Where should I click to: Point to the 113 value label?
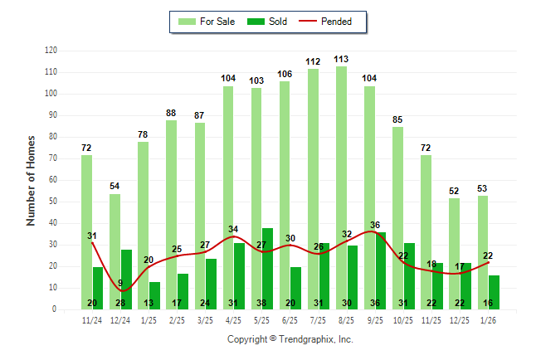(x=341, y=59)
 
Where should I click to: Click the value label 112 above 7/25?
(x=313, y=61)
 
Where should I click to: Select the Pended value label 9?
(x=120, y=284)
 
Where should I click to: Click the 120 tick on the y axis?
(x=51, y=51)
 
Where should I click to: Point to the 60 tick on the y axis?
(x=52, y=180)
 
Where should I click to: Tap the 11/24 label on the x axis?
(x=92, y=320)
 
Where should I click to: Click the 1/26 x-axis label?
(x=489, y=320)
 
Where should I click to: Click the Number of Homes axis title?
(x=31, y=180)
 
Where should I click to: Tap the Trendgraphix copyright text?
(x=290, y=339)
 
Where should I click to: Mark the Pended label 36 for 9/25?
(x=375, y=225)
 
